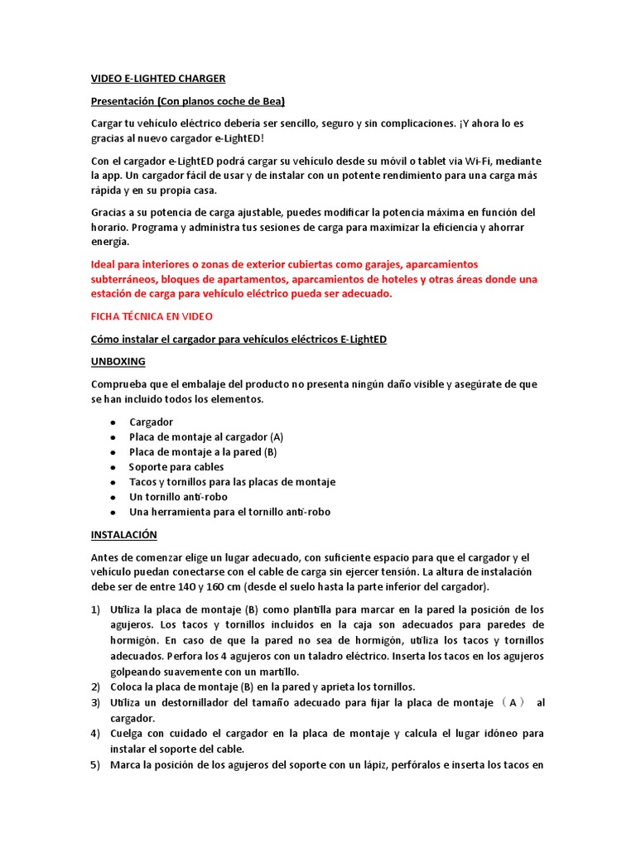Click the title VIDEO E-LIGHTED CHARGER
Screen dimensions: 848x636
[x=157, y=79]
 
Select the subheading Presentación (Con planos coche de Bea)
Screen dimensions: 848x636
[x=187, y=101]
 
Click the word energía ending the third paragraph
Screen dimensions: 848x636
[x=110, y=242]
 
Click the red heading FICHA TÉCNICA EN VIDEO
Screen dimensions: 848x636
[x=152, y=316]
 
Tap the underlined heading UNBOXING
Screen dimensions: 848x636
[x=118, y=362]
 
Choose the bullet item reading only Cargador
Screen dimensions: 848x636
[x=151, y=422]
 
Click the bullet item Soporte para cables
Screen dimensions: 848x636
[x=176, y=467]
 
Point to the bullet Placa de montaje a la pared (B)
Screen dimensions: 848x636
[x=203, y=452]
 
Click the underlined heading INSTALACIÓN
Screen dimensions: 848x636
[x=123, y=535]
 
